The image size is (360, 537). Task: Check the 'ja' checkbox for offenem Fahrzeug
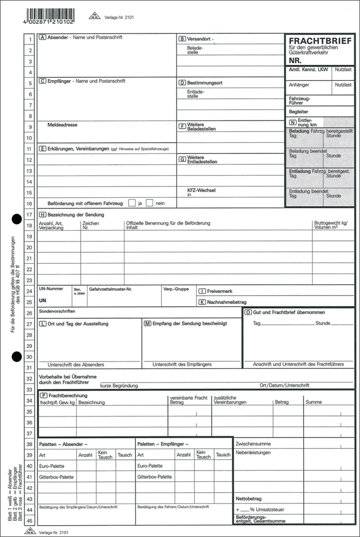point(132,203)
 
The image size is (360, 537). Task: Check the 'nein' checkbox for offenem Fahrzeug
point(149,203)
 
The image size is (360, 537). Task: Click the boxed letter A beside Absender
point(43,38)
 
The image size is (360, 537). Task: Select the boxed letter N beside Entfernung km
point(292,122)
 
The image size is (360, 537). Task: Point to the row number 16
point(29,203)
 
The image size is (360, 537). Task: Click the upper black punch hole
point(16,218)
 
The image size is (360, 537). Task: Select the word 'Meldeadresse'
point(62,124)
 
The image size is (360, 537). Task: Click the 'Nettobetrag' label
point(248,498)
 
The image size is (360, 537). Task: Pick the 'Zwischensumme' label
point(253,443)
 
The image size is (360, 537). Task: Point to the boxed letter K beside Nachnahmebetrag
point(202,302)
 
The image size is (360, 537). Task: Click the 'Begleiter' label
point(299,112)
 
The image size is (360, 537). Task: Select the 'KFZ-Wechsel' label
point(201,190)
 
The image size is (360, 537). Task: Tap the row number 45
point(29,519)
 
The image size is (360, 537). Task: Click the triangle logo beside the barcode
point(94,16)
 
